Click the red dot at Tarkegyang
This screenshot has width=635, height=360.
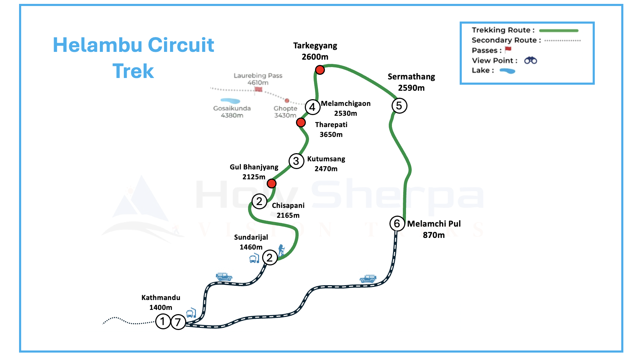coord(320,70)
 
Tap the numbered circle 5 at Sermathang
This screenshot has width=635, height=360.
coord(399,106)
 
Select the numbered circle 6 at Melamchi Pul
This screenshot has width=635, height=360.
coord(397,223)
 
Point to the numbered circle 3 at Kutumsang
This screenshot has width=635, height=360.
coord(296,161)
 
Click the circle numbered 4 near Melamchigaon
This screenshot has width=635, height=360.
coord(313,107)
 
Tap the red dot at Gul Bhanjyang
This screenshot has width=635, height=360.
coord(272,184)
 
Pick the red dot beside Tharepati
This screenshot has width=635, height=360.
coord(301,122)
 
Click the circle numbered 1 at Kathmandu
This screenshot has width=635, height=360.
coord(163,322)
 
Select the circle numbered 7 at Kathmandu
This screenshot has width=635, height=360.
coord(178,322)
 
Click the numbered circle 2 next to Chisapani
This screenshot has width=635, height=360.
coord(259,202)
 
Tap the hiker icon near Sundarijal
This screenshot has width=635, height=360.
coord(281,250)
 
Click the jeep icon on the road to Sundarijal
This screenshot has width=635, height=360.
coord(224,276)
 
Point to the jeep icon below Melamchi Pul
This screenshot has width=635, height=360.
coord(368,278)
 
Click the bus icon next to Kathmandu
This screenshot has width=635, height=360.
coord(191,313)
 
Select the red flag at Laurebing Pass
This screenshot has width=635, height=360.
coord(259,89)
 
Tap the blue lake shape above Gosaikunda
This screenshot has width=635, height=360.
coord(230,101)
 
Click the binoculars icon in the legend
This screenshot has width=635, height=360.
coord(531,60)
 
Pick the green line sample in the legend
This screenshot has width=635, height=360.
coord(559,31)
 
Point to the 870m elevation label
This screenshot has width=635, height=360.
coord(434,235)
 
